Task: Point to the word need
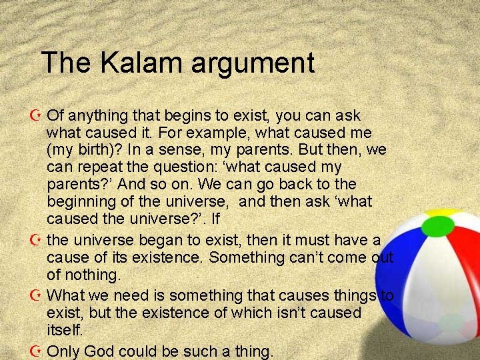coord(129,295)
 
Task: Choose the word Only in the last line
coord(65,351)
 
